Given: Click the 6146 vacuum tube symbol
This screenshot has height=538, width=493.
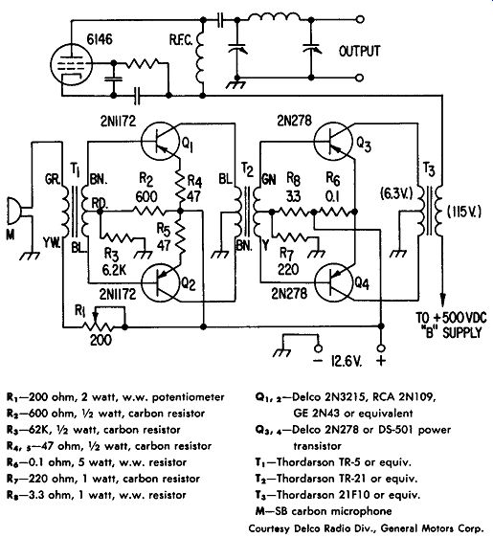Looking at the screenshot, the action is pos(72,65).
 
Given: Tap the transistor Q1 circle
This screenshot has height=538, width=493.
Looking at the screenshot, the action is pos(160,142).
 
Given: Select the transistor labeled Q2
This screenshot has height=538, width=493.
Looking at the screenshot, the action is pos(160,283).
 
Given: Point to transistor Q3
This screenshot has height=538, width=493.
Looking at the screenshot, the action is pos(334,142).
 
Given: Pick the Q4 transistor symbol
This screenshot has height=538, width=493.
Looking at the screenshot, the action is pos(334,283).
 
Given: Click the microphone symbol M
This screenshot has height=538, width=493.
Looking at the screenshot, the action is pos(14,213).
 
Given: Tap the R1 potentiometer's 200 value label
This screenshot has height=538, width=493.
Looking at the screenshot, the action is pos(101,340).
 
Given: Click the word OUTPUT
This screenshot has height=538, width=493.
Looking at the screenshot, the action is pos(359,52).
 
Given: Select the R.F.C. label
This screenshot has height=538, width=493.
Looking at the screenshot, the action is pos(181,40).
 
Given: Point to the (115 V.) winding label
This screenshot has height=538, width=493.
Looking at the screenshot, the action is pos(464,213).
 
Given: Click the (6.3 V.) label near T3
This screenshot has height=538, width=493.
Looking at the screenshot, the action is pos(396,194).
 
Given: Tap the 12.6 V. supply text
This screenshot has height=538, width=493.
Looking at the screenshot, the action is pos(347,361).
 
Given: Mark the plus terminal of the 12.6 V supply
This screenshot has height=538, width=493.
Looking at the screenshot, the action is pos(380,348).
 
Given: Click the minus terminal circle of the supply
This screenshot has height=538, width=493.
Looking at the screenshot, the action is pos(319,348).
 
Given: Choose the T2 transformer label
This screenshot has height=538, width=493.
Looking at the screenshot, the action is pos(247,169).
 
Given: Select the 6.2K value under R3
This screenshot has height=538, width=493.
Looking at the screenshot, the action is pos(114,270).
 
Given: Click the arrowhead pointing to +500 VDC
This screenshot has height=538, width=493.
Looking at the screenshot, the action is pos(443,300).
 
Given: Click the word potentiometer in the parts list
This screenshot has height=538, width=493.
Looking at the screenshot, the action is pos(188,397).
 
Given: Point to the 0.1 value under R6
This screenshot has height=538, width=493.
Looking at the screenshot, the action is pos(332,196).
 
